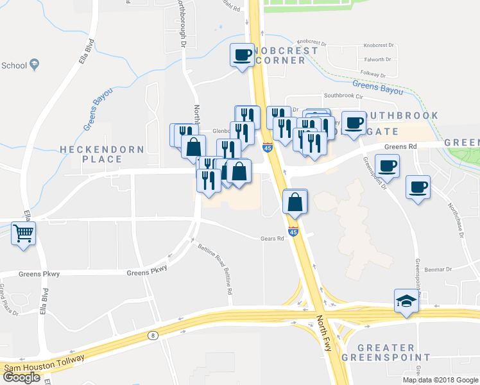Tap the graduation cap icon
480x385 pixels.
pyautogui.click(x=406, y=301)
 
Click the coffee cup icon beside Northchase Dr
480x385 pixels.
pyautogui.click(x=418, y=187)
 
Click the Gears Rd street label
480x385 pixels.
pyautogui.click(x=271, y=238)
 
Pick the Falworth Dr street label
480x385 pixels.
pyautogui.click(x=377, y=60)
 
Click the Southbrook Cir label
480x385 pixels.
pyautogui.click(x=343, y=96)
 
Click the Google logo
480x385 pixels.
pyautogui.click(x=21, y=377)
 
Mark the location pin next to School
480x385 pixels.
pyautogui.click(x=35, y=65)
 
